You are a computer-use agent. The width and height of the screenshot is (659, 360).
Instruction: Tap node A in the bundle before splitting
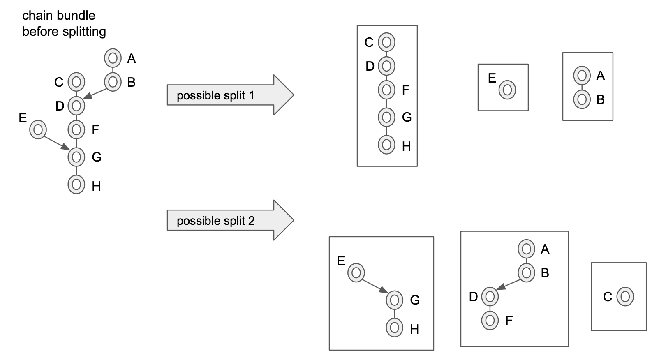click(x=113, y=58)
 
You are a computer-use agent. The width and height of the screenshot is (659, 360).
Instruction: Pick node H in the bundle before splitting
click(x=76, y=185)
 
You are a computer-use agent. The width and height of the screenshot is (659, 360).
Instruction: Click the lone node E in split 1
click(x=507, y=90)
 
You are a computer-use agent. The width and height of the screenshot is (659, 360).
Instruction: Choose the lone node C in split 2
click(x=625, y=296)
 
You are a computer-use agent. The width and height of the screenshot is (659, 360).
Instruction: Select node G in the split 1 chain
click(x=386, y=117)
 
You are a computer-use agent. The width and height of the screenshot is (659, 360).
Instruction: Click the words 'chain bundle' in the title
click(x=59, y=16)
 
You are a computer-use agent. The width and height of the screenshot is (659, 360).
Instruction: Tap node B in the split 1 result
click(x=582, y=99)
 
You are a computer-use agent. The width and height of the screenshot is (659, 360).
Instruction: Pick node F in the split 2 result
click(x=490, y=320)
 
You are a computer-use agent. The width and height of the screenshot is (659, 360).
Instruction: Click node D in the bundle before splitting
click(x=76, y=106)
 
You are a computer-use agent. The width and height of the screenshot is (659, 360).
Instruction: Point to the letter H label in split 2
click(x=414, y=329)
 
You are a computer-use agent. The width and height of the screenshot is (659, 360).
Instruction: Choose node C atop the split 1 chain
click(x=386, y=42)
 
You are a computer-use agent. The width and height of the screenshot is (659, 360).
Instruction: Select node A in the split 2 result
click(x=526, y=249)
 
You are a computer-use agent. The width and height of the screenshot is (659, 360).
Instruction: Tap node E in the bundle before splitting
click(x=38, y=130)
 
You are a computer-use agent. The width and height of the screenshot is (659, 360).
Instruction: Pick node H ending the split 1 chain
click(x=386, y=145)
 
